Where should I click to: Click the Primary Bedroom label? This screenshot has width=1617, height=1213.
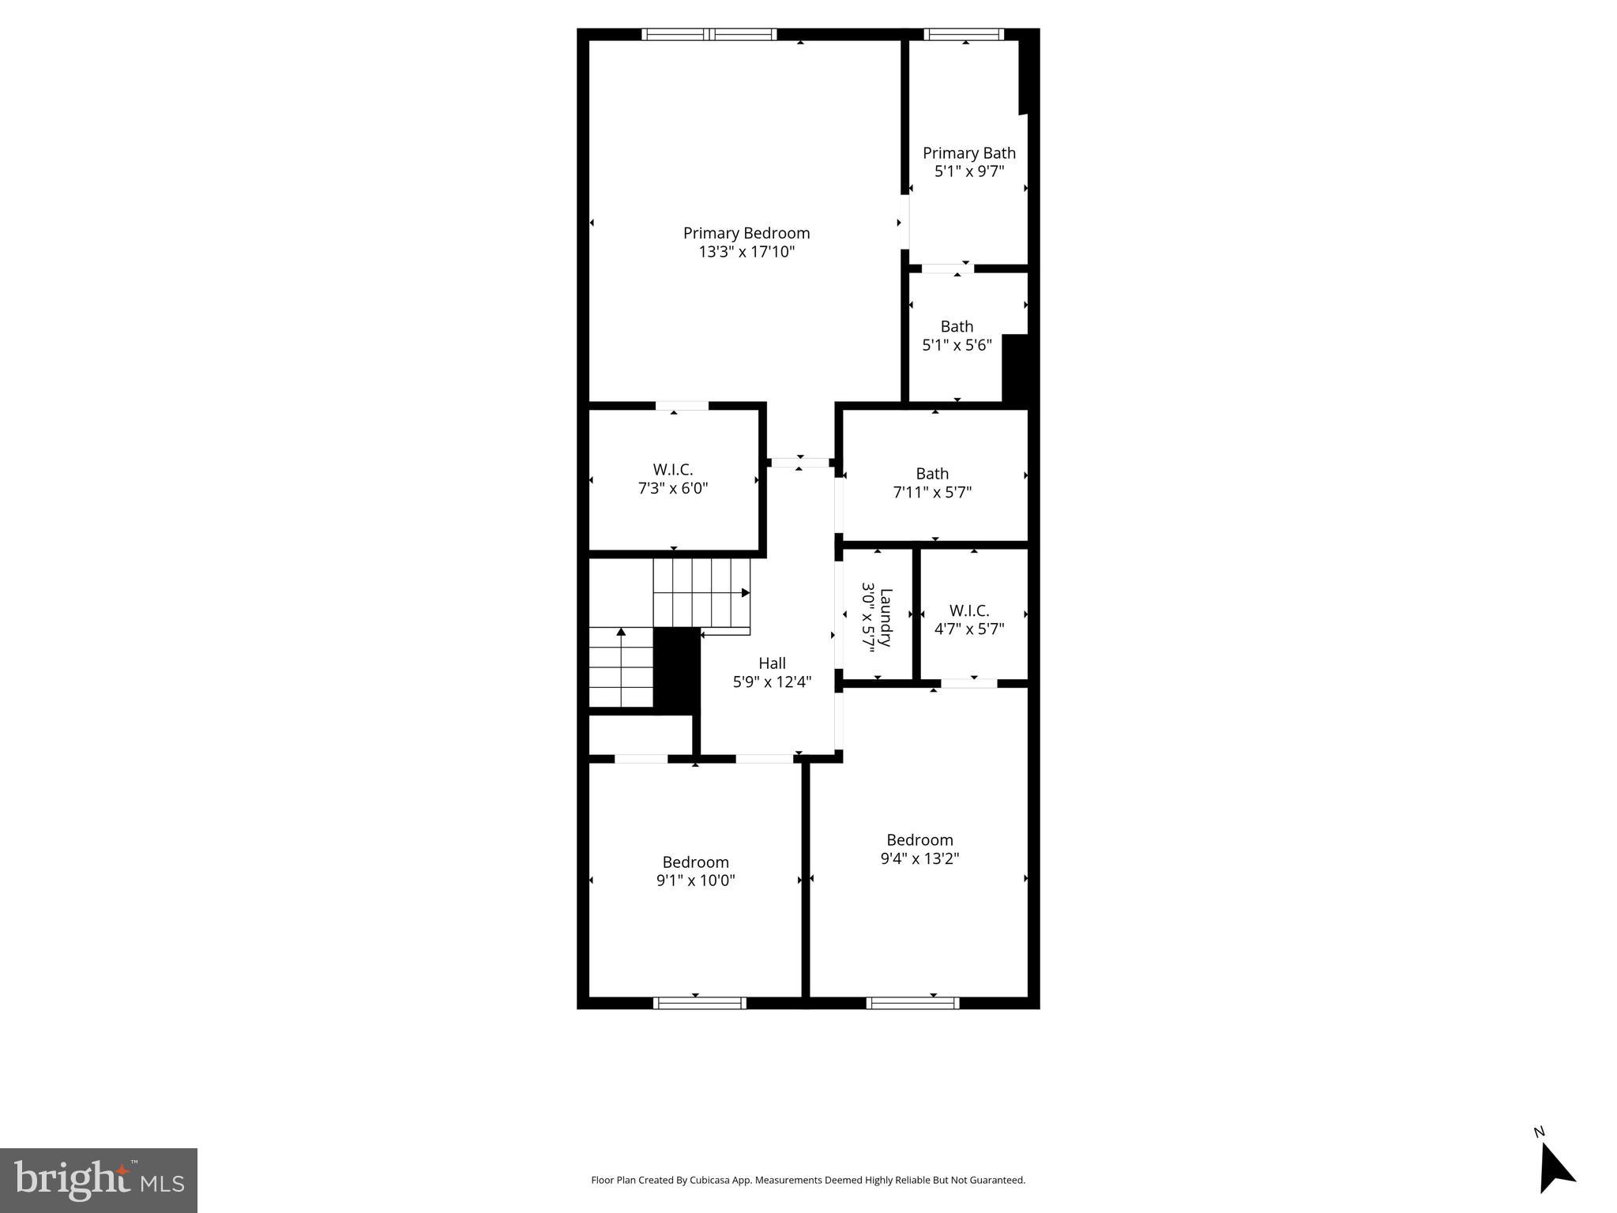pos(746,233)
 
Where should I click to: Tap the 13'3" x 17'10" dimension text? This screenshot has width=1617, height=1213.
pos(746,252)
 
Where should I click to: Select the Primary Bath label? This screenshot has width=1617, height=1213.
pos(968,153)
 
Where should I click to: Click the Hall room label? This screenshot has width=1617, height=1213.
pos(772,663)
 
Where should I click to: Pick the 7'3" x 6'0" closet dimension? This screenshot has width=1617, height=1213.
pos(672,489)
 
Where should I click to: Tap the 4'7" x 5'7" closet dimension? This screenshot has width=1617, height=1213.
pos(968,629)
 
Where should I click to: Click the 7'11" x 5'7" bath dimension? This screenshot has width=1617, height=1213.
pos(931,492)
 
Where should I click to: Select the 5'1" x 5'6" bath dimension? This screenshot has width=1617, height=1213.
pos(957,345)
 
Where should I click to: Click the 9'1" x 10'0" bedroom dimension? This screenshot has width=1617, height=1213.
pos(695,881)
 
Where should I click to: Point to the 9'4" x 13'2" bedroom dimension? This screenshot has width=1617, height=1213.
pos(919,858)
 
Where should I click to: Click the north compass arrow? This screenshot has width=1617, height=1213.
pos(1555,1171)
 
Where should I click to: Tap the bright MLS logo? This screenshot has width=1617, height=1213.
pos(98,1181)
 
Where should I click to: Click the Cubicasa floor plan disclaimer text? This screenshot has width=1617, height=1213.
pos(807,1180)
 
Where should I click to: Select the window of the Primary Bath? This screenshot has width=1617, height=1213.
pos(963,34)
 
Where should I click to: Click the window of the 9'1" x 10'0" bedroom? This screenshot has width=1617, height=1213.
pos(699,1003)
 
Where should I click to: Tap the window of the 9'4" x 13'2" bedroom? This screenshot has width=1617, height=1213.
pos(912,1003)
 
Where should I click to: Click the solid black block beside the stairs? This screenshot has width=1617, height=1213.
pos(676,669)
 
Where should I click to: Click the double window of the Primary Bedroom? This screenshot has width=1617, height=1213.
pos(709,34)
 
